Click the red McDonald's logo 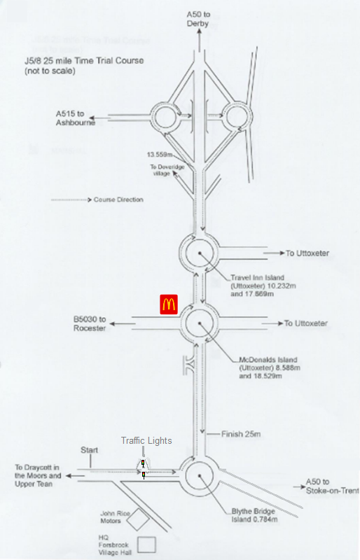[168, 304]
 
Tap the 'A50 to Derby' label [198, 19]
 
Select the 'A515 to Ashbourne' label [75, 118]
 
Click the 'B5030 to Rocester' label [90, 323]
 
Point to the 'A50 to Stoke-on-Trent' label [332, 486]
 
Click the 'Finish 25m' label [241, 434]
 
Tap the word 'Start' [89, 450]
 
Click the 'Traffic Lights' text [146, 441]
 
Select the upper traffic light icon [143, 463]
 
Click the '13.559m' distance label [160, 155]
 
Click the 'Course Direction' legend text [118, 199]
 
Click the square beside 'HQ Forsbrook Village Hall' [146, 545]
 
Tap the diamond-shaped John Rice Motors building [139, 519]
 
